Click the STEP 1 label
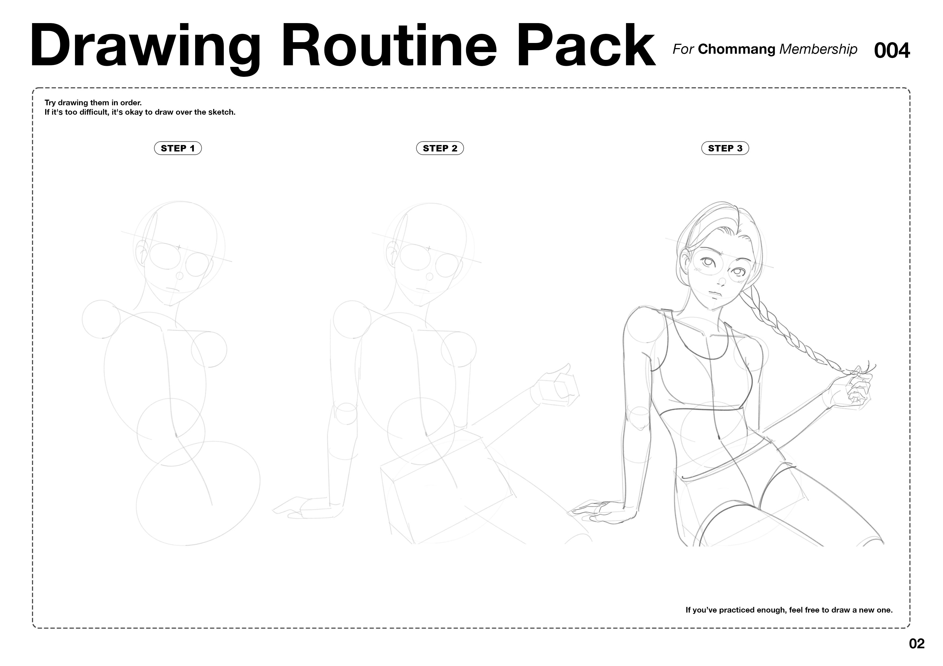click(178, 148)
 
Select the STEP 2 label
click(440, 148)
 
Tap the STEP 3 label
click(725, 148)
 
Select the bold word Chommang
click(736, 50)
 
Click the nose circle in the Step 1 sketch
click(180, 275)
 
